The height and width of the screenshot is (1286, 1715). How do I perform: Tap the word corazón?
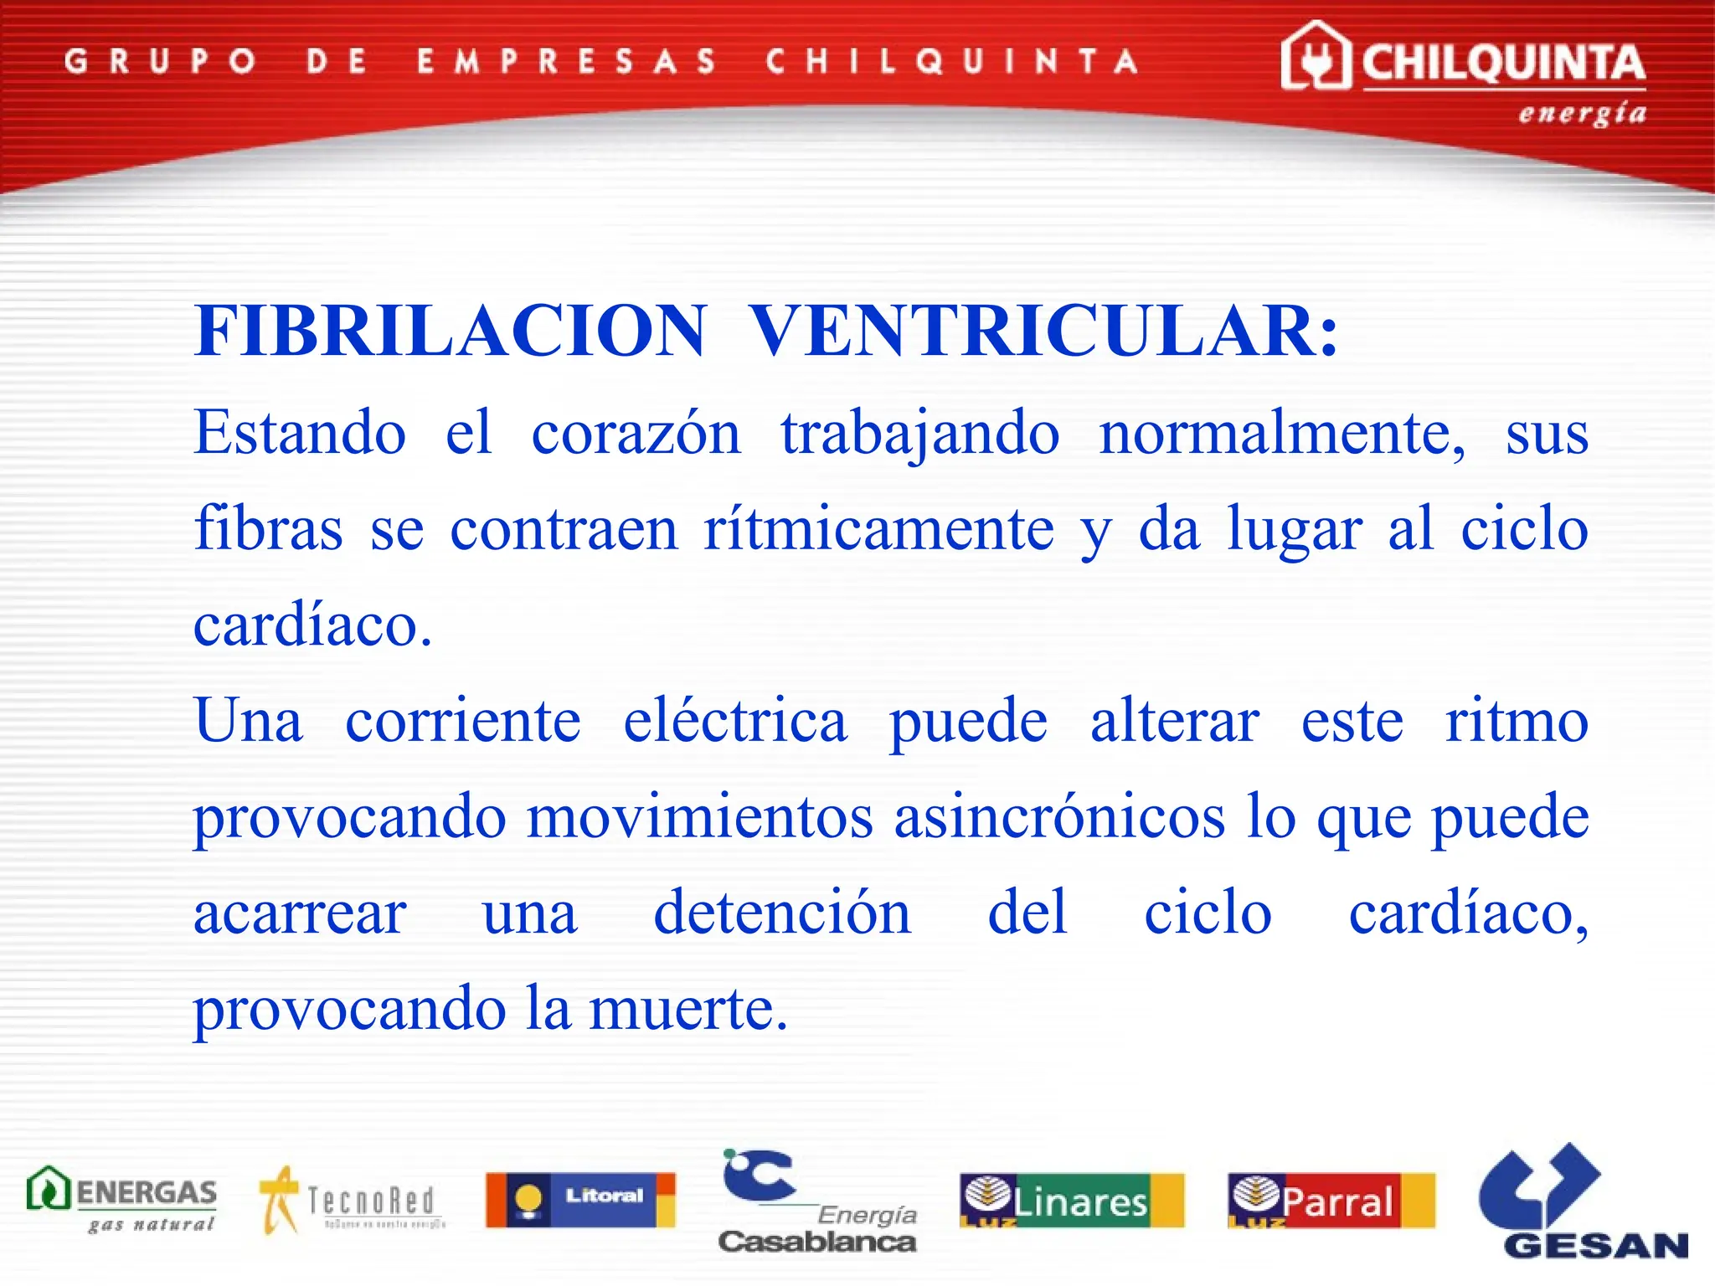coord(636,434)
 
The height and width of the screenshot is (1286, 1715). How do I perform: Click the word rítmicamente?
coord(878,530)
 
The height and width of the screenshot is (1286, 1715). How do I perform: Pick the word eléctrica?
coord(734,721)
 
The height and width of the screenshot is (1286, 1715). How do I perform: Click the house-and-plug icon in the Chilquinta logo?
coord(1316,56)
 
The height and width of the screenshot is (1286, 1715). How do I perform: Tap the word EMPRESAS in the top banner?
coord(567,61)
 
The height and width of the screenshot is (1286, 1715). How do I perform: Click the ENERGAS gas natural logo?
coord(122,1199)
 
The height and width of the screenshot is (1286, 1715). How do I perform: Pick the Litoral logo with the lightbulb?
coord(580,1199)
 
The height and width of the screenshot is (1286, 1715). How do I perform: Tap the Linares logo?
coord(1072,1200)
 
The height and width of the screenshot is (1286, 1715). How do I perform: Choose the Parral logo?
coord(1331,1200)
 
